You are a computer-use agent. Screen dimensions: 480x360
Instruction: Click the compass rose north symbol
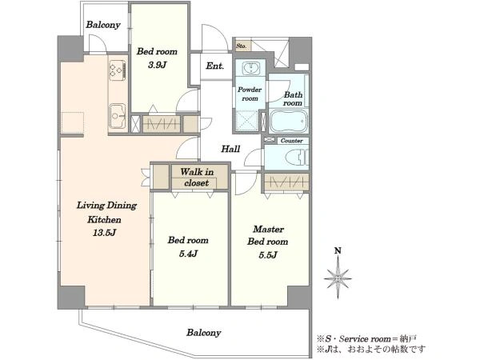click(338, 278)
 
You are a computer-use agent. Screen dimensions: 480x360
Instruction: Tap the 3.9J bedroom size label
click(158, 65)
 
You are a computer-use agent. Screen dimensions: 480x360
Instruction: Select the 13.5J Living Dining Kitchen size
click(104, 233)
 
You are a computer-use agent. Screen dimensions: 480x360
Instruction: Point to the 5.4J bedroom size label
click(188, 254)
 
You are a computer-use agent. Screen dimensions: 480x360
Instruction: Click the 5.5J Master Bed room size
click(268, 255)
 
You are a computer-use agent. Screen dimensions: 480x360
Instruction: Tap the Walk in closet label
click(197, 178)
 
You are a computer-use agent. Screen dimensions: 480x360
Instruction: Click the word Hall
click(230, 149)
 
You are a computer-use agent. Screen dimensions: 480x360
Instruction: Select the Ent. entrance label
click(215, 66)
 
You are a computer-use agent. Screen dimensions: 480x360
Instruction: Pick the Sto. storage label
click(242, 46)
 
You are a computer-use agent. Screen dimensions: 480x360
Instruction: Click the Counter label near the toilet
click(292, 141)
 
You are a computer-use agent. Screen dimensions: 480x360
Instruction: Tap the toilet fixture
click(296, 158)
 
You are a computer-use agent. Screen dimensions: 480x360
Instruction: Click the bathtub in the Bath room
click(288, 121)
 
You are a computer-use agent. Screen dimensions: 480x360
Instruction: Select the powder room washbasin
click(251, 68)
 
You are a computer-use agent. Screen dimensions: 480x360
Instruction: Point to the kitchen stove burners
click(118, 70)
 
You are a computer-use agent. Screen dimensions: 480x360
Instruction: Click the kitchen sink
click(118, 116)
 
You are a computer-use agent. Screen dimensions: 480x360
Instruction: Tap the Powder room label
click(250, 94)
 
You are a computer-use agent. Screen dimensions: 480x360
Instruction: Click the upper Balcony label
click(103, 25)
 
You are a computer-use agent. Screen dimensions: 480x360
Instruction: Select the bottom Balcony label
click(204, 333)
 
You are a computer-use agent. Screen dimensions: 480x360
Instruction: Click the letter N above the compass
click(338, 251)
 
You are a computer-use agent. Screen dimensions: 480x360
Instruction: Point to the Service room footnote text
click(366, 339)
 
